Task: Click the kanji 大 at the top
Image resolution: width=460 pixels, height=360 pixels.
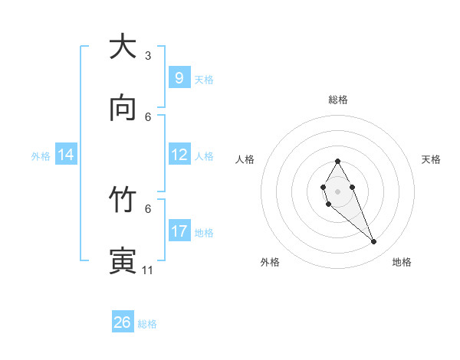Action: [x=123, y=47]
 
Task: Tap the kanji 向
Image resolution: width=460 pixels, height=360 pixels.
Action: [x=123, y=108]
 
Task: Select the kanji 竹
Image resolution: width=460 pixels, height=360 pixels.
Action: [x=123, y=200]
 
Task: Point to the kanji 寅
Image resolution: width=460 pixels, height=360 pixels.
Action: [x=123, y=260]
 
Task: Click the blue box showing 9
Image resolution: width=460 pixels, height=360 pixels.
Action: [x=179, y=77]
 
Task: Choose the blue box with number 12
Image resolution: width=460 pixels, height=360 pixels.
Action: [x=179, y=154]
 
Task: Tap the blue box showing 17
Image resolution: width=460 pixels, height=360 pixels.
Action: [x=179, y=231]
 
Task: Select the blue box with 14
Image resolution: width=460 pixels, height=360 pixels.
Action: [x=66, y=155]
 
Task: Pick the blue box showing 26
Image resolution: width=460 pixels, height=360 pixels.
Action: [x=123, y=322]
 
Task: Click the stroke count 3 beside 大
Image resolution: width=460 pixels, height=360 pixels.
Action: [x=148, y=55]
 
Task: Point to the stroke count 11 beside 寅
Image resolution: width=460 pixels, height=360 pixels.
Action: [x=148, y=270]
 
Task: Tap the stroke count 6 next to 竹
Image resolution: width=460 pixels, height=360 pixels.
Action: [x=148, y=208]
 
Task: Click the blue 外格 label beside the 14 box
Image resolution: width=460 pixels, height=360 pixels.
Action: [x=41, y=155]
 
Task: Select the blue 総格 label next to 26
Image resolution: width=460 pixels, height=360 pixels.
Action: [x=147, y=324]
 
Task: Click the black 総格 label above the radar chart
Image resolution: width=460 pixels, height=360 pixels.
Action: [x=338, y=100]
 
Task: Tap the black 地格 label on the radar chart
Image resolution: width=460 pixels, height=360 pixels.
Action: [x=402, y=262]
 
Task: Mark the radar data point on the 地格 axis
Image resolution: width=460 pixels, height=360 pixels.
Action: [x=374, y=242]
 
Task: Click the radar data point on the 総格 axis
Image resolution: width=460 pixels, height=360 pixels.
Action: [x=337, y=161]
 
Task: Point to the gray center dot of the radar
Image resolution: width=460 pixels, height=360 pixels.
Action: [x=337, y=190]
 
